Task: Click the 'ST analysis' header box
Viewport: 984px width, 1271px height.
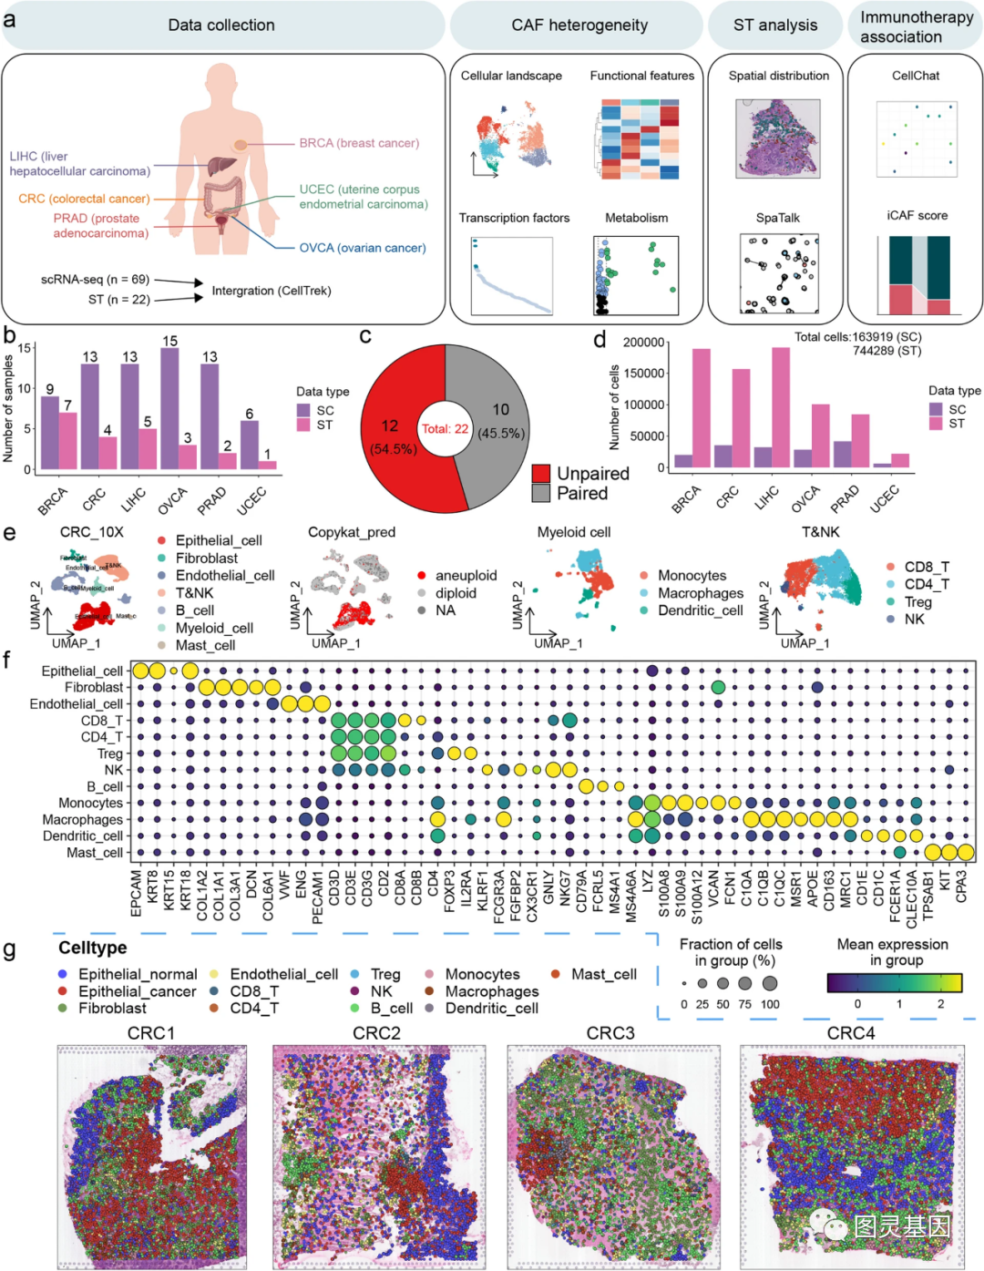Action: (x=774, y=26)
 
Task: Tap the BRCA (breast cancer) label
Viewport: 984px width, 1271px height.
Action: (x=359, y=143)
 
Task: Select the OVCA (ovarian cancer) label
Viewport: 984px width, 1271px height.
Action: (x=363, y=248)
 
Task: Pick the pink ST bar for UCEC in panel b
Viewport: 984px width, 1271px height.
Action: (x=267, y=465)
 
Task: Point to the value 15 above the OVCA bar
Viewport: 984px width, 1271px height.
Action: (x=170, y=341)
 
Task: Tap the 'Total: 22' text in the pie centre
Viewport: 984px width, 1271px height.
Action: (x=445, y=428)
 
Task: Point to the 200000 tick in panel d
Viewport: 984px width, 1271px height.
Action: (x=643, y=343)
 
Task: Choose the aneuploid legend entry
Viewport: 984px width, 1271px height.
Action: (x=466, y=576)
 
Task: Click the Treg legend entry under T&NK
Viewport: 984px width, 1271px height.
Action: (x=917, y=602)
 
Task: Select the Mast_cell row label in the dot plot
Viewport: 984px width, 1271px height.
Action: (x=94, y=853)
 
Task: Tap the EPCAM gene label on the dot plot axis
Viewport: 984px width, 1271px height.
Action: (x=137, y=892)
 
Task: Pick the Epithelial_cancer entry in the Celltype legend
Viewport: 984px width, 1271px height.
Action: (x=137, y=991)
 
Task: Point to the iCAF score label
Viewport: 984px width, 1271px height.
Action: (x=917, y=216)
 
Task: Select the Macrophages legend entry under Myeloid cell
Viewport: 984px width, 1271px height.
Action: (x=700, y=593)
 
